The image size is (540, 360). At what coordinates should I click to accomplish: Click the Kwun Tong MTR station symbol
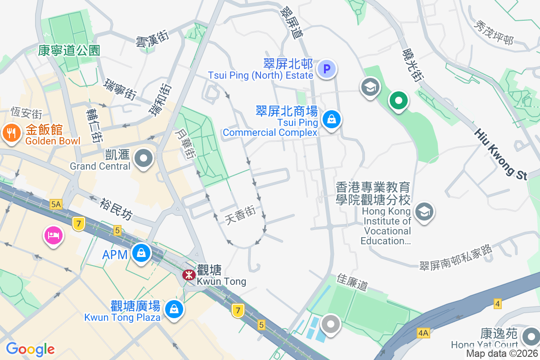(189, 274)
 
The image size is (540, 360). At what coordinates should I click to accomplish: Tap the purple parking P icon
(327, 69)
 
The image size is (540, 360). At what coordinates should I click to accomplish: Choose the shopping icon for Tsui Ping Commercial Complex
(332, 120)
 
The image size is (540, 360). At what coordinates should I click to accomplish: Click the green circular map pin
(398, 100)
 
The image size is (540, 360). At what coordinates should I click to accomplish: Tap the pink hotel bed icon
(53, 235)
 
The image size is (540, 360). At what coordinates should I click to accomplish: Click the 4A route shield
(423, 333)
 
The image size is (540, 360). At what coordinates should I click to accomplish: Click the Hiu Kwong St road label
(500, 154)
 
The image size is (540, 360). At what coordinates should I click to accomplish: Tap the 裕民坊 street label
(116, 210)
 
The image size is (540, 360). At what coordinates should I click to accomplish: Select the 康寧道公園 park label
(69, 50)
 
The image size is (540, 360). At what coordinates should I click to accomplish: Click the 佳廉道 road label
(352, 282)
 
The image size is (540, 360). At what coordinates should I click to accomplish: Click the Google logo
(30, 349)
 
